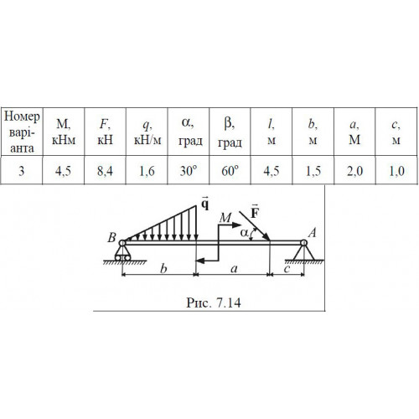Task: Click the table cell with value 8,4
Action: click(x=105, y=170)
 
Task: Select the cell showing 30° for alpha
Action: click(x=189, y=170)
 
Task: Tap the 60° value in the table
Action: click(x=230, y=170)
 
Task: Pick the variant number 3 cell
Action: click(x=22, y=170)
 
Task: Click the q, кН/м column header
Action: click(x=147, y=132)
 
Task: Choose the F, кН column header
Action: click(x=105, y=132)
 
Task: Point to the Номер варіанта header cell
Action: click(x=22, y=132)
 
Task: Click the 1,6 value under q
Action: click(x=147, y=170)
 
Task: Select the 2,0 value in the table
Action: click(x=354, y=170)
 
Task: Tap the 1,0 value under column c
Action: click(x=396, y=170)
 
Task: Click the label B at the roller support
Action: click(x=111, y=238)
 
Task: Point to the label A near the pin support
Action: click(x=313, y=232)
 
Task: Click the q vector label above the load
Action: click(x=205, y=204)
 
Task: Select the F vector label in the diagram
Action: click(x=255, y=212)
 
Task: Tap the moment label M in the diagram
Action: click(x=225, y=217)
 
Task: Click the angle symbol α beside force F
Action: click(x=244, y=233)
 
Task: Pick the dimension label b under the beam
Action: click(x=163, y=269)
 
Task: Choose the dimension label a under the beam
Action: click(x=234, y=269)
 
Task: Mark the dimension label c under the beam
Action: click(x=287, y=269)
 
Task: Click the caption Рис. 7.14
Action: click(x=214, y=303)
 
